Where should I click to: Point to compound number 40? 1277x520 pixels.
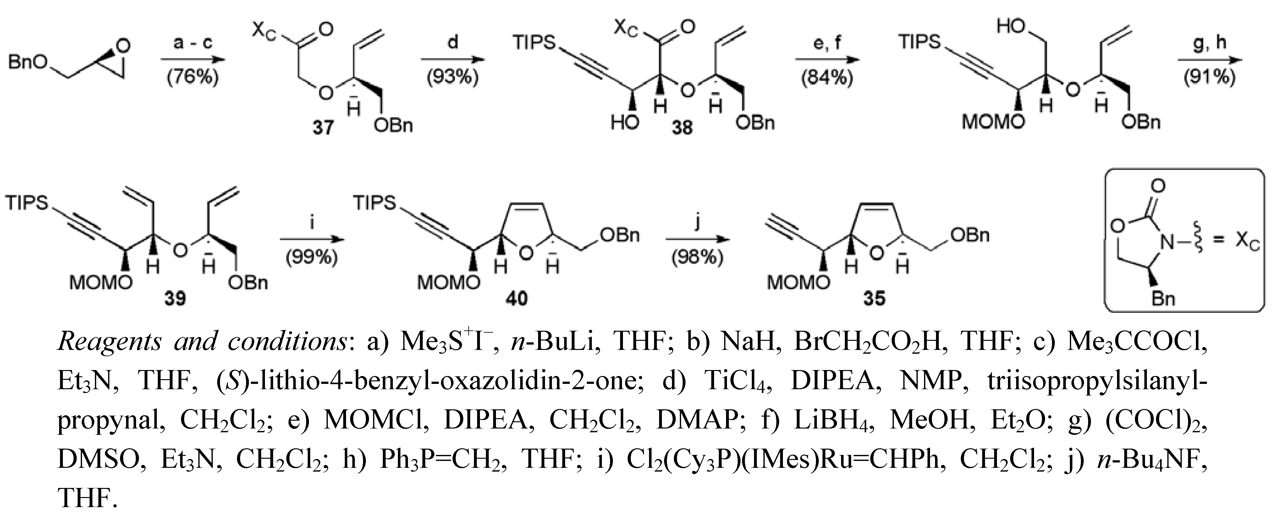click(516, 298)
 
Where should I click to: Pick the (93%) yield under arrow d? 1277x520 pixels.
click(453, 78)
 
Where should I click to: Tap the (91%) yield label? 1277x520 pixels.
click(1209, 78)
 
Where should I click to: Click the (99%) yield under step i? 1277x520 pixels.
click(312, 258)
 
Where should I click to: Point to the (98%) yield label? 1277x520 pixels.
click(697, 258)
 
